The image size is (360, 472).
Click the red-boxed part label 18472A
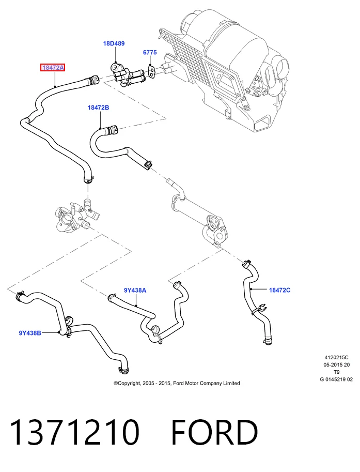pos(53,68)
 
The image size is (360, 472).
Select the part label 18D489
pos(114,43)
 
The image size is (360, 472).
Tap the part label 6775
pos(150,52)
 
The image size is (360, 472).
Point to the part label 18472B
pos(98,108)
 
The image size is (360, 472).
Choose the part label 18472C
pos(280,290)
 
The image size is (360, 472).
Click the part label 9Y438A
pos(135,290)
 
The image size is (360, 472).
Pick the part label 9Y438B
pos(30,333)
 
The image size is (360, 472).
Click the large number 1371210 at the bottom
pos(74,432)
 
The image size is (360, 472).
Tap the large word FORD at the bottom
pos(215,432)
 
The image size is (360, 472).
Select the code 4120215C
pos(336,358)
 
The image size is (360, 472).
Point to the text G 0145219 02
pos(336,379)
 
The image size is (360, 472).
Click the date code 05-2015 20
pos(336,365)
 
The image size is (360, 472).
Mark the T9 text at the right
pos(337,372)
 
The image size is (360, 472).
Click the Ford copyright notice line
pos(177,383)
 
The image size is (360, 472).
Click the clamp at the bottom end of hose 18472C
pos(268,341)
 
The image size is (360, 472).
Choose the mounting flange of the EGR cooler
pos(216,230)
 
